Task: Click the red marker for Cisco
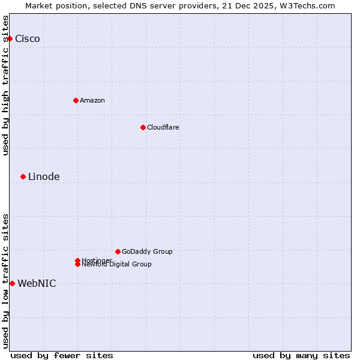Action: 10,38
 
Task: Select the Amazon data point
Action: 76,100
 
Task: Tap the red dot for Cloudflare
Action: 143,127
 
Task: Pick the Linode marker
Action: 23,176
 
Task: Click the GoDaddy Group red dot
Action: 118,251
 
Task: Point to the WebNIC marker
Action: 12,283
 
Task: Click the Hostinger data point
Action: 77,260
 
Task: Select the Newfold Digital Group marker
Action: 77,265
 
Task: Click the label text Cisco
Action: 28,39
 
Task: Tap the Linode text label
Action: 44,176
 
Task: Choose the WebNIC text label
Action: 37,284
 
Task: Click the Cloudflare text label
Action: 163,127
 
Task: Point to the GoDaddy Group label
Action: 147,251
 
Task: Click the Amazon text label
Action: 92,100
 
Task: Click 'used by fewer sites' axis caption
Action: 62,355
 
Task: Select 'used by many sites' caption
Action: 301,355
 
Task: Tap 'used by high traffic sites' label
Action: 6,85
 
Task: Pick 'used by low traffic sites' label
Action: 6,281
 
